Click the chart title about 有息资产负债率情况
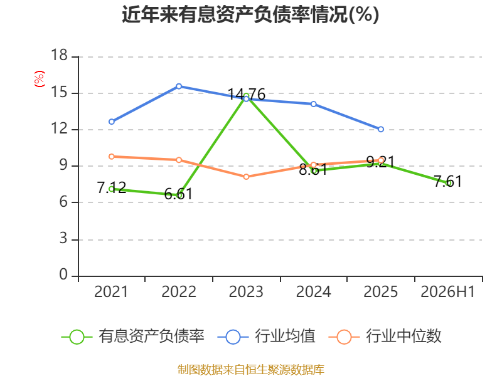(250, 14)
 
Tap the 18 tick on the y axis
(60, 55)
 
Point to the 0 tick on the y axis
(63, 274)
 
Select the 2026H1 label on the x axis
(448, 291)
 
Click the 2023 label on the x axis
(246, 291)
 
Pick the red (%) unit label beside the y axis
(40, 79)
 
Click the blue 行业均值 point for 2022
(179, 86)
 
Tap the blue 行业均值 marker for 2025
(381, 129)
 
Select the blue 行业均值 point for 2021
(112, 122)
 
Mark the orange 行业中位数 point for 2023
(246, 177)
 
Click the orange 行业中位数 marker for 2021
(112, 157)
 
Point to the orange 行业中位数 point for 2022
(179, 160)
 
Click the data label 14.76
(246, 95)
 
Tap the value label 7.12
(112, 187)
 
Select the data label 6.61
(179, 194)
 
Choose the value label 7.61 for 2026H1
(448, 181)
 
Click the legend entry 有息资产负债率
(132, 337)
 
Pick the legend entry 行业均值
(266, 337)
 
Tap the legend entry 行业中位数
(385, 337)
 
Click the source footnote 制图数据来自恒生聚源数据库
(251, 369)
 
